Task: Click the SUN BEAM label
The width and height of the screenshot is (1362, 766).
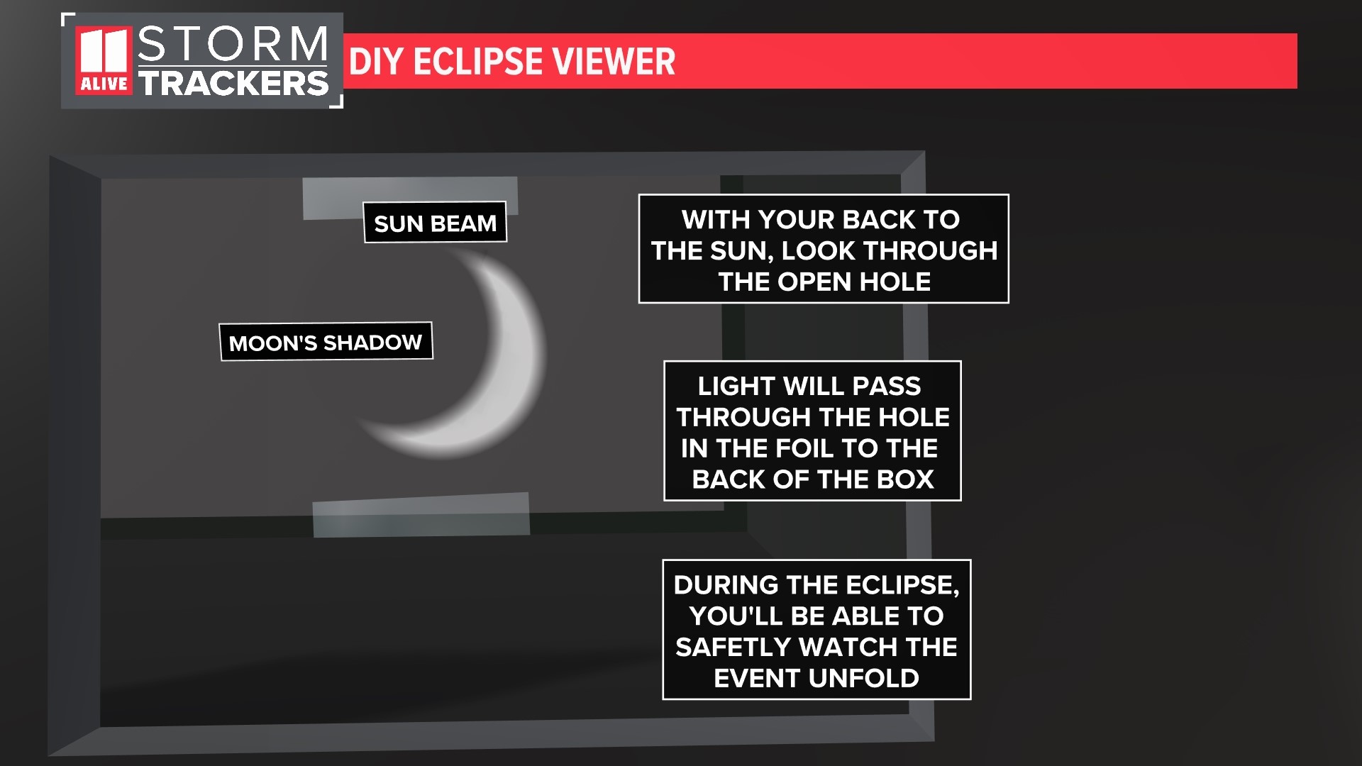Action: point(435,223)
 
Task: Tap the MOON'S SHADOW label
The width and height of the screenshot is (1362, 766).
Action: point(326,342)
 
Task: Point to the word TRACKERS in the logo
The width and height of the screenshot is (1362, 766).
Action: point(234,83)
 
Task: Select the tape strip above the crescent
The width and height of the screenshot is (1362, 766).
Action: point(410,196)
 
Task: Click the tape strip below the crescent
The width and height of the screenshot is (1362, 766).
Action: point(421,515)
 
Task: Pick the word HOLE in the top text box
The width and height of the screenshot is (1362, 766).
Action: point(895,282)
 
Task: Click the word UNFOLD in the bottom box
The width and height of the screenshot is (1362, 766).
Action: point(864,678)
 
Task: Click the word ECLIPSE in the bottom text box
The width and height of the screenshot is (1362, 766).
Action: point(899,585)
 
